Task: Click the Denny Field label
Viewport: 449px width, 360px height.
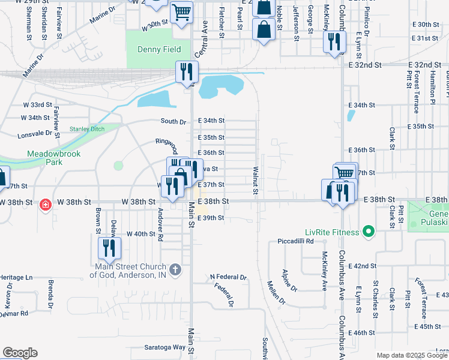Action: [x=154, y=49]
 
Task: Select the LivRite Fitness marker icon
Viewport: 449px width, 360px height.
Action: [x=370, y=232]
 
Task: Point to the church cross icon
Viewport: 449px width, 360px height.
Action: [x=175, y=269]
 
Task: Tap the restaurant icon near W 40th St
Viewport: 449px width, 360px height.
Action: [x=109, y=247]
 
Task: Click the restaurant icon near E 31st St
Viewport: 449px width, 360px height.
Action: [x=333, y=42]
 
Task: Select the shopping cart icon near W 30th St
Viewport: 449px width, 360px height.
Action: [x=181, y=12]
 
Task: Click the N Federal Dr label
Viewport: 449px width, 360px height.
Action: [x=228, y=277]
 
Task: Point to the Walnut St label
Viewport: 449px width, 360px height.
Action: [x=255, y=180]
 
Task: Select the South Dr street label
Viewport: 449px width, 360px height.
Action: [x=173, y=121]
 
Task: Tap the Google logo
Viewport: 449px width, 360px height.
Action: [x=20, y=353]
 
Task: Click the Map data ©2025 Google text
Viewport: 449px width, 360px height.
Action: [x=412, y=355]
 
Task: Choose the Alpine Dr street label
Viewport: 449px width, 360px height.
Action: [x=289, y=280]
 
